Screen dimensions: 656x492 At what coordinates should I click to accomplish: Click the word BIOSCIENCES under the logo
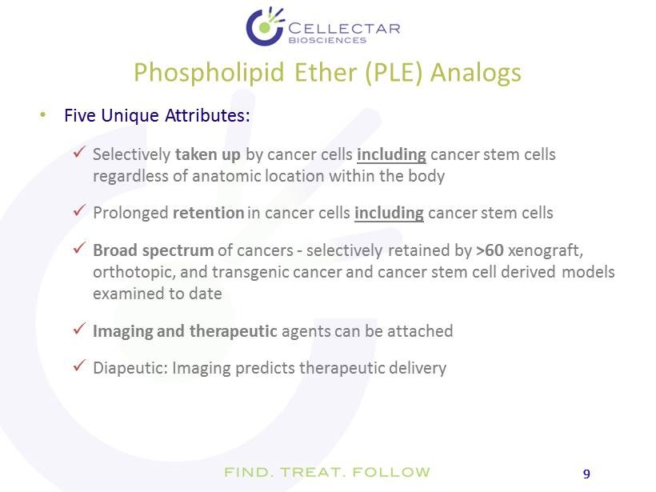(327, 41)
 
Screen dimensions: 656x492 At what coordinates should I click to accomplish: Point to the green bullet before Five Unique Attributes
(42, 114)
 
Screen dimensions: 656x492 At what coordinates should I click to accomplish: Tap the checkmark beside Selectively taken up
(79, 152)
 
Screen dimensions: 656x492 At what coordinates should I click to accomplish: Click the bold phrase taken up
(208, 154)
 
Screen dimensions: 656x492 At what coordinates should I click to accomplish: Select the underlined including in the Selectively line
(391, 154)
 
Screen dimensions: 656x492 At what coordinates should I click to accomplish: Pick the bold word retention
(208, 213)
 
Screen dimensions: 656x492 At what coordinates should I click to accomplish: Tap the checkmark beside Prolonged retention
(79, 210)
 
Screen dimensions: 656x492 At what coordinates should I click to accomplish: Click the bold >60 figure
(490, 250)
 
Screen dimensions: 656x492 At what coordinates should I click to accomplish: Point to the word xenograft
(545, 250)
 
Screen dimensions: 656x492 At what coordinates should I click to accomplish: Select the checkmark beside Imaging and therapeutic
(79, 329)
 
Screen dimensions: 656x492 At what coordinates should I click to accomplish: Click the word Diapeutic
(130, 368)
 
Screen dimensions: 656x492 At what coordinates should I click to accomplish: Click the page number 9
(586, 474)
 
